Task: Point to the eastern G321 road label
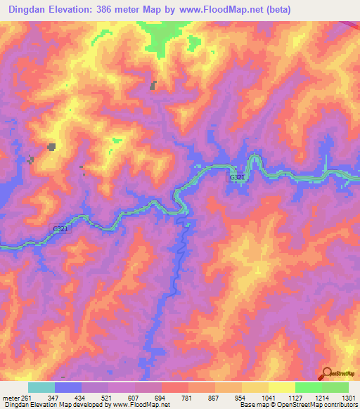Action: coord(237,179)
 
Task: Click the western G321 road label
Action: coord(61,229)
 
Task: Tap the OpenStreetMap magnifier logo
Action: coord(326,374)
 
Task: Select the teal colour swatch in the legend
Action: coord(41,387)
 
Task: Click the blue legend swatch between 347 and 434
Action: coord(67,387)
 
